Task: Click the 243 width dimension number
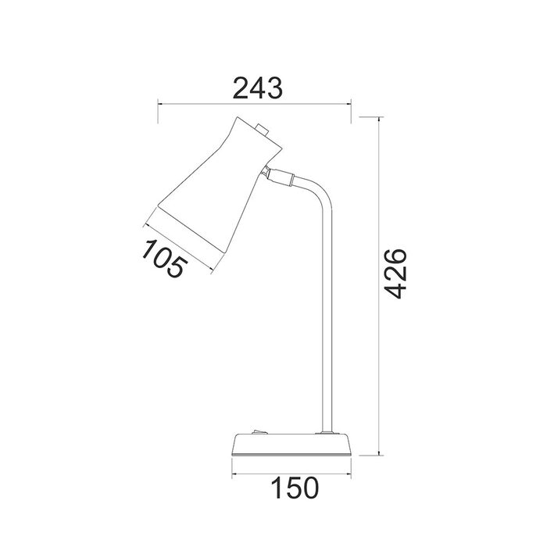tap(257, 88)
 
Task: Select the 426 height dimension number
tap(395, 273)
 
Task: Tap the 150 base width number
tap(295, 488)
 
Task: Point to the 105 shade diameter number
tap(163, 258)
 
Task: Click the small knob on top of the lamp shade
tap(262, 130)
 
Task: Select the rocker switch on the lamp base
tap(260, 432)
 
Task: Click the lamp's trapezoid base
tap(291, 445)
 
